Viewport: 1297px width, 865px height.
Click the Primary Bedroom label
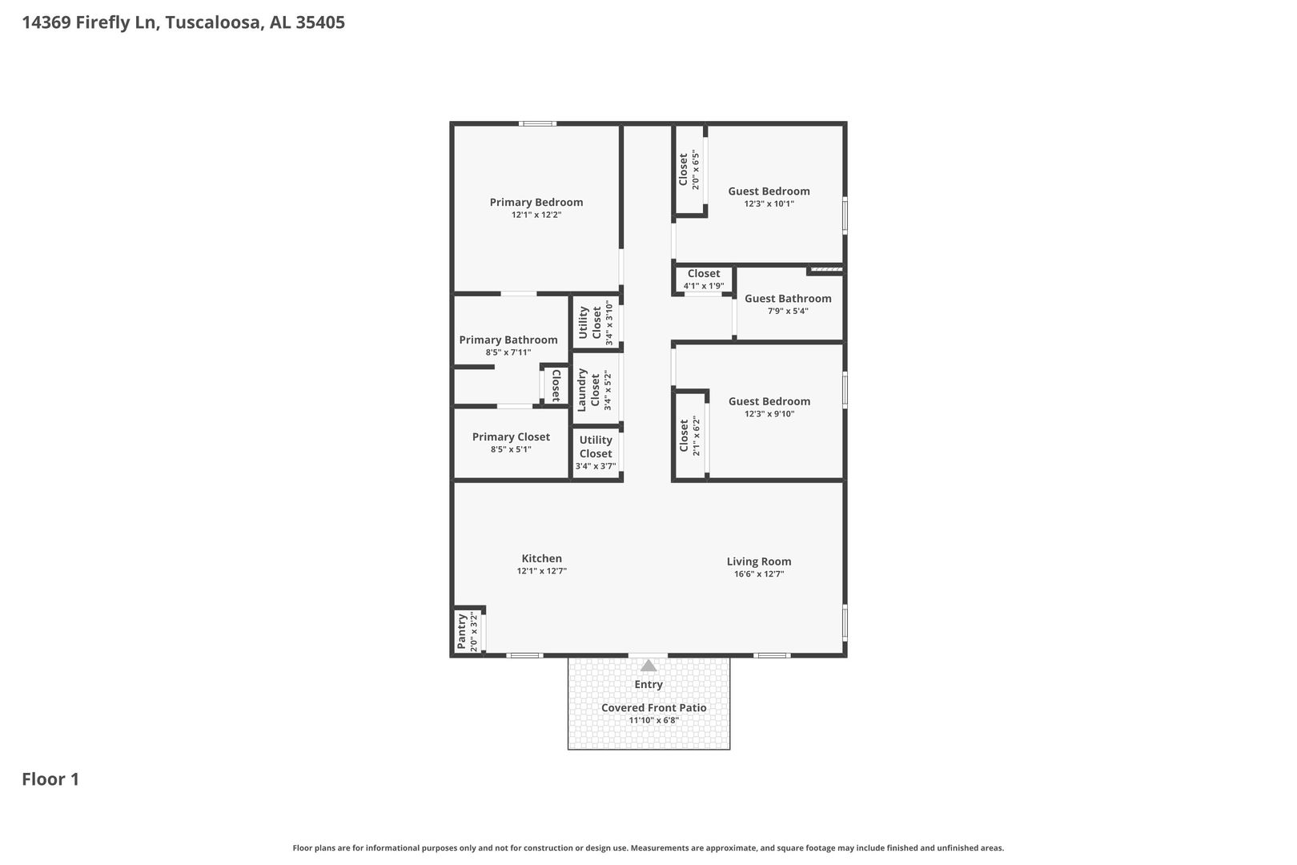[x=536, y=202]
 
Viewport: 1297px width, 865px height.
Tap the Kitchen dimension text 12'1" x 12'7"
[x=541, y=571]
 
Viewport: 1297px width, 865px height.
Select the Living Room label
[x=758, y=561]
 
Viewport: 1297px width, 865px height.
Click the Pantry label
[x=461, y=631]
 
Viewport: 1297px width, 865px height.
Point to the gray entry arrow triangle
[x=648, y=666]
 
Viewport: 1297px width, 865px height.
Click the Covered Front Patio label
[x=654, y=707]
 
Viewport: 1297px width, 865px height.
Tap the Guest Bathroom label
[x=788, y=299]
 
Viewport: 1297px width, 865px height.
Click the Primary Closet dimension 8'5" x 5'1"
[x=510, y=449]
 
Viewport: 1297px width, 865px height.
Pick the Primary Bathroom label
[x=508, y=340]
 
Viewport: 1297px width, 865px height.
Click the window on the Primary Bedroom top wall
[x=537, y=123]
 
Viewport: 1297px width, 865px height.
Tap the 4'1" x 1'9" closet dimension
[x=704, y=286]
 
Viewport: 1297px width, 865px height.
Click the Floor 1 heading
[x=50, y=779]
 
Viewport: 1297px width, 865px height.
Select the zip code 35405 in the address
[x=320, y=22]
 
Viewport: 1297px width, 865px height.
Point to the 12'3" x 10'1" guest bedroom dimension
[x=769, y=204]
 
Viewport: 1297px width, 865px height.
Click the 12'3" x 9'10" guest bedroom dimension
[x=769, y=414]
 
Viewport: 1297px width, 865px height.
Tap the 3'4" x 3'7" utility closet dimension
[x=595, y=466]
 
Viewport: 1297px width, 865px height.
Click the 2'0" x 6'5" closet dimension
[x=696, y=170]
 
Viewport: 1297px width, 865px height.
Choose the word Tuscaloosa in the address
[x=214, y=22]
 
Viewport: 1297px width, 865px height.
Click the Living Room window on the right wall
[x=845, y=623]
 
